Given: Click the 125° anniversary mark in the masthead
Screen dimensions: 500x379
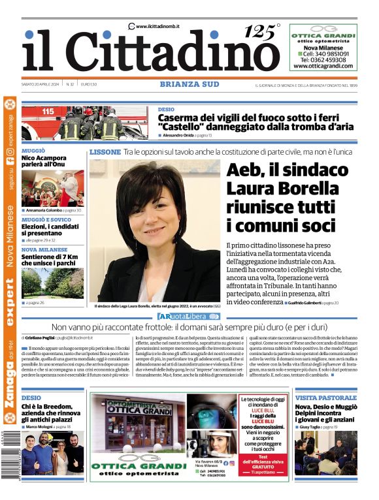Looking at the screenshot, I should (x=261, y=31).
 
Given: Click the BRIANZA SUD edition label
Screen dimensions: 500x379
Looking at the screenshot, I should (x=189, y=84).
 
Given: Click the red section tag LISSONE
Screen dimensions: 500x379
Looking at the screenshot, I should (x=105, y=152).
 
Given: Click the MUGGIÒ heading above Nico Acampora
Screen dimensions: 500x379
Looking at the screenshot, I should (x=33, y=151).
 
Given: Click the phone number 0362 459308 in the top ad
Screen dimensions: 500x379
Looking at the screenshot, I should (x=323, y=59).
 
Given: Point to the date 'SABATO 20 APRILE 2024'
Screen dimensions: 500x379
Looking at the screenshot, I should (x=41, y=84).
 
